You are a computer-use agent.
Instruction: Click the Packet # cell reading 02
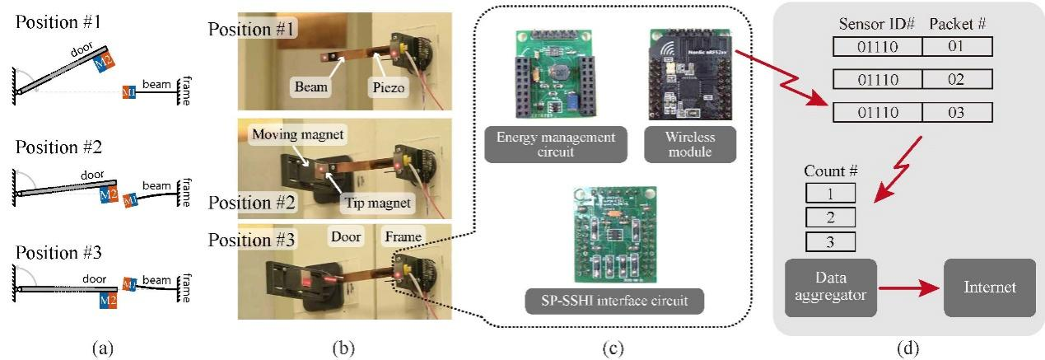pos(955,79)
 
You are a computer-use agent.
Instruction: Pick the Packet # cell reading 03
pos(955,112)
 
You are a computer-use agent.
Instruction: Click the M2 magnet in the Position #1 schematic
pos(105,58)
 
